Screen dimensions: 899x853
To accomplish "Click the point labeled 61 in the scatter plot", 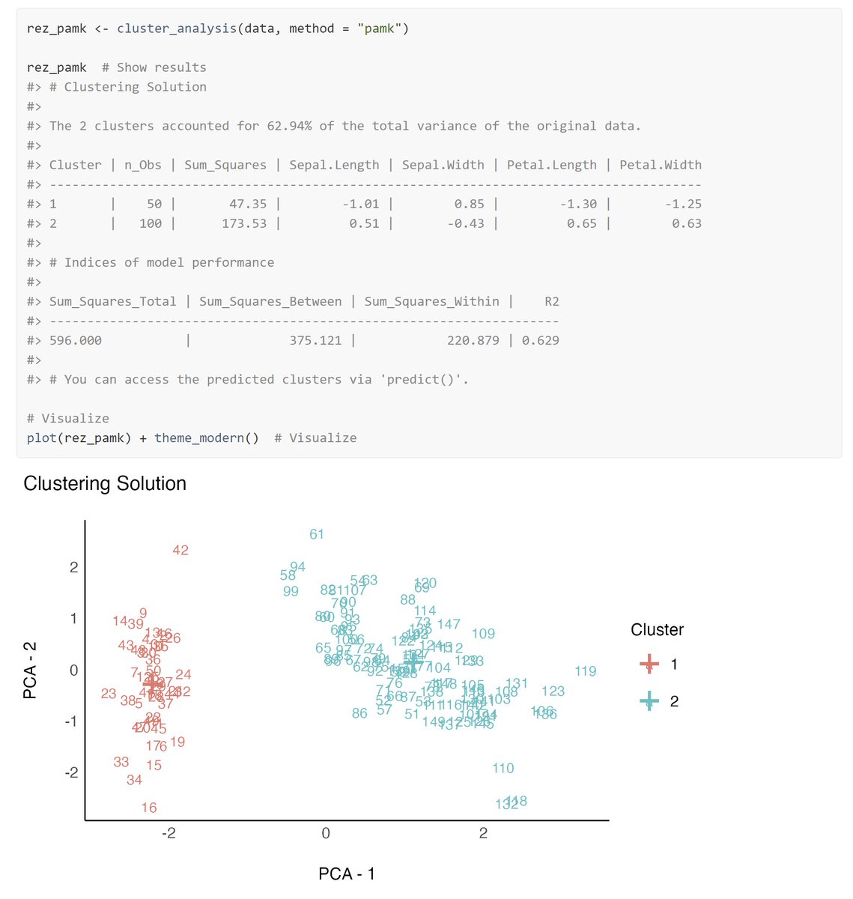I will pos(317,534).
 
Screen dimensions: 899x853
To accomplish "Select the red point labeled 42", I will pos(180,550).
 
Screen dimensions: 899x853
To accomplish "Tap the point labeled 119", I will pos(586,671).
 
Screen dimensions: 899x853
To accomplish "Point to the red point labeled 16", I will pos(149,808).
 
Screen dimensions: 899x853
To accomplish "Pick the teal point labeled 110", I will pos(503,768).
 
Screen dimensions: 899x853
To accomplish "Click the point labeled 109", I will pos(483,634).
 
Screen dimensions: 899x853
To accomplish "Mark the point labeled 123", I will pos(553,691).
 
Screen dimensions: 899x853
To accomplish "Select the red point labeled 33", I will pos(121,762).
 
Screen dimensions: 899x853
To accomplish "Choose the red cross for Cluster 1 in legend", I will pos(649,664).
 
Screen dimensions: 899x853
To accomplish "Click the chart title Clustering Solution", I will pos(105,483).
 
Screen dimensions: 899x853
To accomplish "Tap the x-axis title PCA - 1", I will pos(347,874).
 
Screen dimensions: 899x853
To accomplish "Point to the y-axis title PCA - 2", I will pos(30,670).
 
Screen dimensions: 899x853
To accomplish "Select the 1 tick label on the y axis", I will pos(73,619).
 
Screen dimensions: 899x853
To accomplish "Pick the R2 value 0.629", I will pos(540,340).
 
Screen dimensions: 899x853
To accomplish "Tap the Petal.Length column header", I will pos(552,165).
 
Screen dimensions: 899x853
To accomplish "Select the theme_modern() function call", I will pos(207,438).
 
